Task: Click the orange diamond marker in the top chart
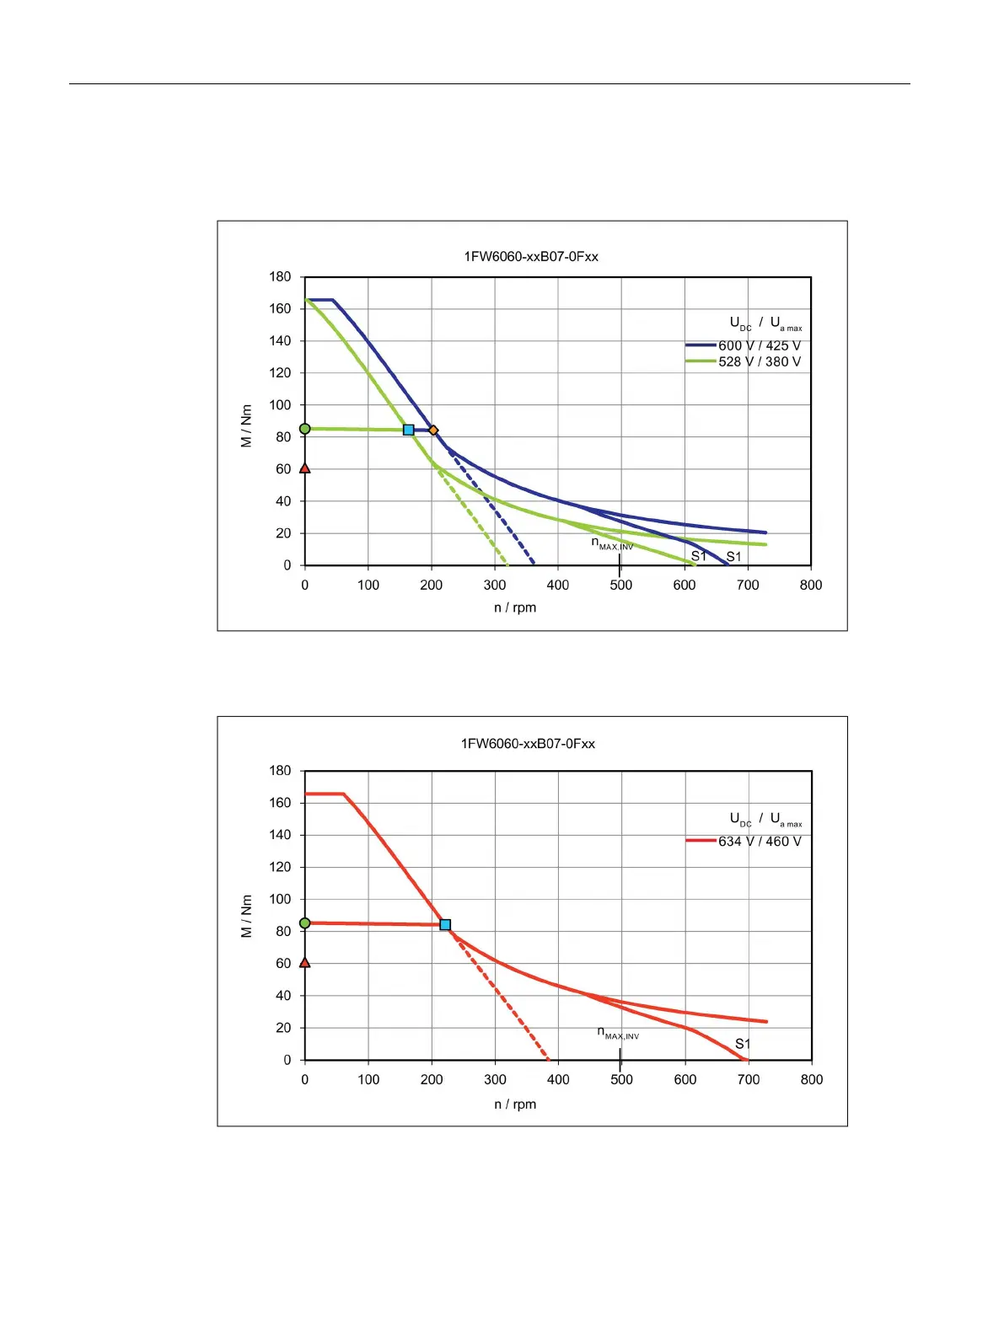tap(433, 431)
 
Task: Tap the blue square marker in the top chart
tap(409, 431)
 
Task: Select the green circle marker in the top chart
tap(305, 429)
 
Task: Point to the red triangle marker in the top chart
tap(305, 468)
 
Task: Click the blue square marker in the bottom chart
tap(445, 925)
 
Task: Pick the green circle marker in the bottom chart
tap(305, 923)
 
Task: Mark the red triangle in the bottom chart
tap(305, 963)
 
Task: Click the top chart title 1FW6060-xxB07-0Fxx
tap(531, 256)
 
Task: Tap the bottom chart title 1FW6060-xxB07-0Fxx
tap(528, 743)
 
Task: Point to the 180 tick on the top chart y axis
tap(280, 276)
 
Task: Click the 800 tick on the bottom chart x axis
tap(812, 1079)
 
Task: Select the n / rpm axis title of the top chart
tap(515, 607)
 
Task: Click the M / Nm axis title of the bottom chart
tap(246, 916)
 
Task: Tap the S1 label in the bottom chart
tap(743, 1044)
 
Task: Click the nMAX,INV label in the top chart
tap(612, 544)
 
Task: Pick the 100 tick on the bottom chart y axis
tap(280, 899)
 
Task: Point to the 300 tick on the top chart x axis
tap(495, 585)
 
